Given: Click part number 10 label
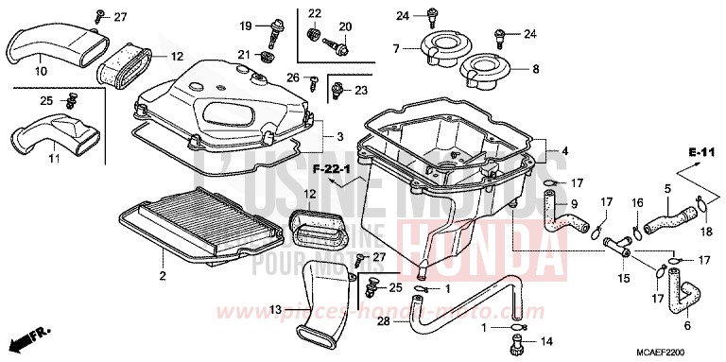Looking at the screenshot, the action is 42,71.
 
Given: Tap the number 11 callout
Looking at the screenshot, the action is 54,158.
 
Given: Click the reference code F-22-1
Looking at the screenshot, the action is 332,169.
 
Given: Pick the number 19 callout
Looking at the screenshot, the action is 245,26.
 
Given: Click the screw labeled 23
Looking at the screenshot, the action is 337,90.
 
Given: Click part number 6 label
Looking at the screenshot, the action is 687,325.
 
